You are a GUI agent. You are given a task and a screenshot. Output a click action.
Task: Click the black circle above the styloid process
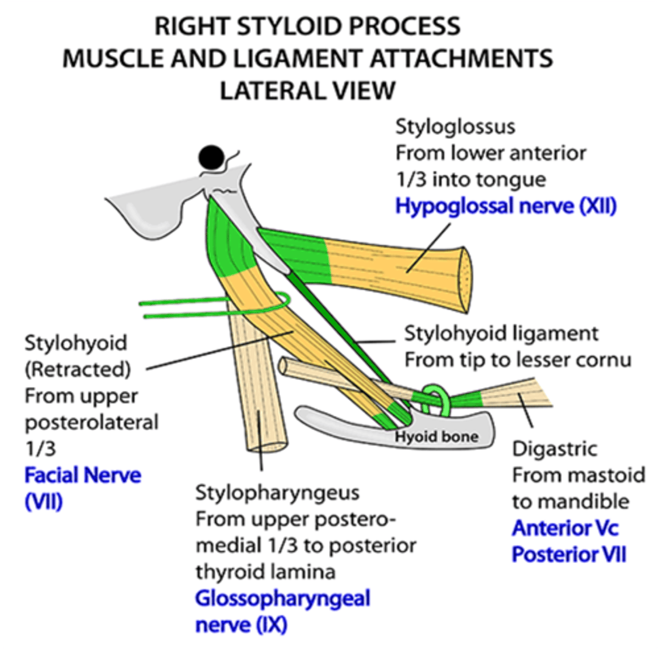pyautogui.click(x=211, y=158)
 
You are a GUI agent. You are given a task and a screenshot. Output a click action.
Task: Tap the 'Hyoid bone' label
pyautogui.click(x=436, y=437)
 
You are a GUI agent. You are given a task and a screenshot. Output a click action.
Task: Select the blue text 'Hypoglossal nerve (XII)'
pyautogui.click(x=505, y=207)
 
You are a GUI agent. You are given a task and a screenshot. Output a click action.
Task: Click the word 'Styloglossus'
pyautogui.click(x=455, y=127)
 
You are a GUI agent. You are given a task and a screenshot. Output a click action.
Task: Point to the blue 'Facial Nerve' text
pyautogui.click(x=83, y=475)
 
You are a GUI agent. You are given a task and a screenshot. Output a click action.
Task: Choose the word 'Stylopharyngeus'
pyautogui.click(x=277, y=493)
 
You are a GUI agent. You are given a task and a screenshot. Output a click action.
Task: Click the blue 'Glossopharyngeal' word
pyautogui.click(x=282, y=599)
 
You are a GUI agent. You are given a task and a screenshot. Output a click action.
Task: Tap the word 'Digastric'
pyautogui.click(x=554, y=449)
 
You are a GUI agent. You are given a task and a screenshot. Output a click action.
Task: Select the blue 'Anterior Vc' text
pyautogui.click(x=565, y=528)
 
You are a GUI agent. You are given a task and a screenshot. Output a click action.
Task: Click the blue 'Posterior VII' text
pyautogui.click(x=568, y=555)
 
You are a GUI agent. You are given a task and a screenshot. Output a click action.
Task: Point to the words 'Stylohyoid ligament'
pyautogui.click(x=501, y=334)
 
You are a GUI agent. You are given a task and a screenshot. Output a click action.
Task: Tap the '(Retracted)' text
pyautogui.click(x=78, y=369)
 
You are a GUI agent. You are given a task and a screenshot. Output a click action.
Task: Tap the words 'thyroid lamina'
pyautogui.click(x=265, y=572)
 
